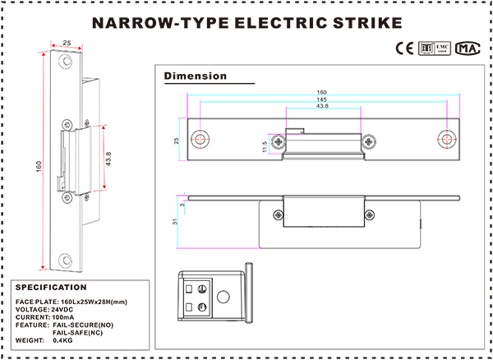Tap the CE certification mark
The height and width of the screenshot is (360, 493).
[405, 48]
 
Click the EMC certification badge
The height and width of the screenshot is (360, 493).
[435, 48]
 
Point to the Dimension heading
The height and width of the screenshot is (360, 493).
[196, 76]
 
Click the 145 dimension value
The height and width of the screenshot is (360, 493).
[321, 99]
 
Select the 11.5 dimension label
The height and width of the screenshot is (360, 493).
[265, 145]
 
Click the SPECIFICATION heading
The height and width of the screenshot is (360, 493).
[51, 288]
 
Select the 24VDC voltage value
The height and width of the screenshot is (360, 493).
[68, 309]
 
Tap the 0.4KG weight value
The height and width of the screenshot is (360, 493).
[62, 339]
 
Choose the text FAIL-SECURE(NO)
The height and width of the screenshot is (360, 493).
[85, 325]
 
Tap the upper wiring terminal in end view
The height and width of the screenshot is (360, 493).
[198, 288]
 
